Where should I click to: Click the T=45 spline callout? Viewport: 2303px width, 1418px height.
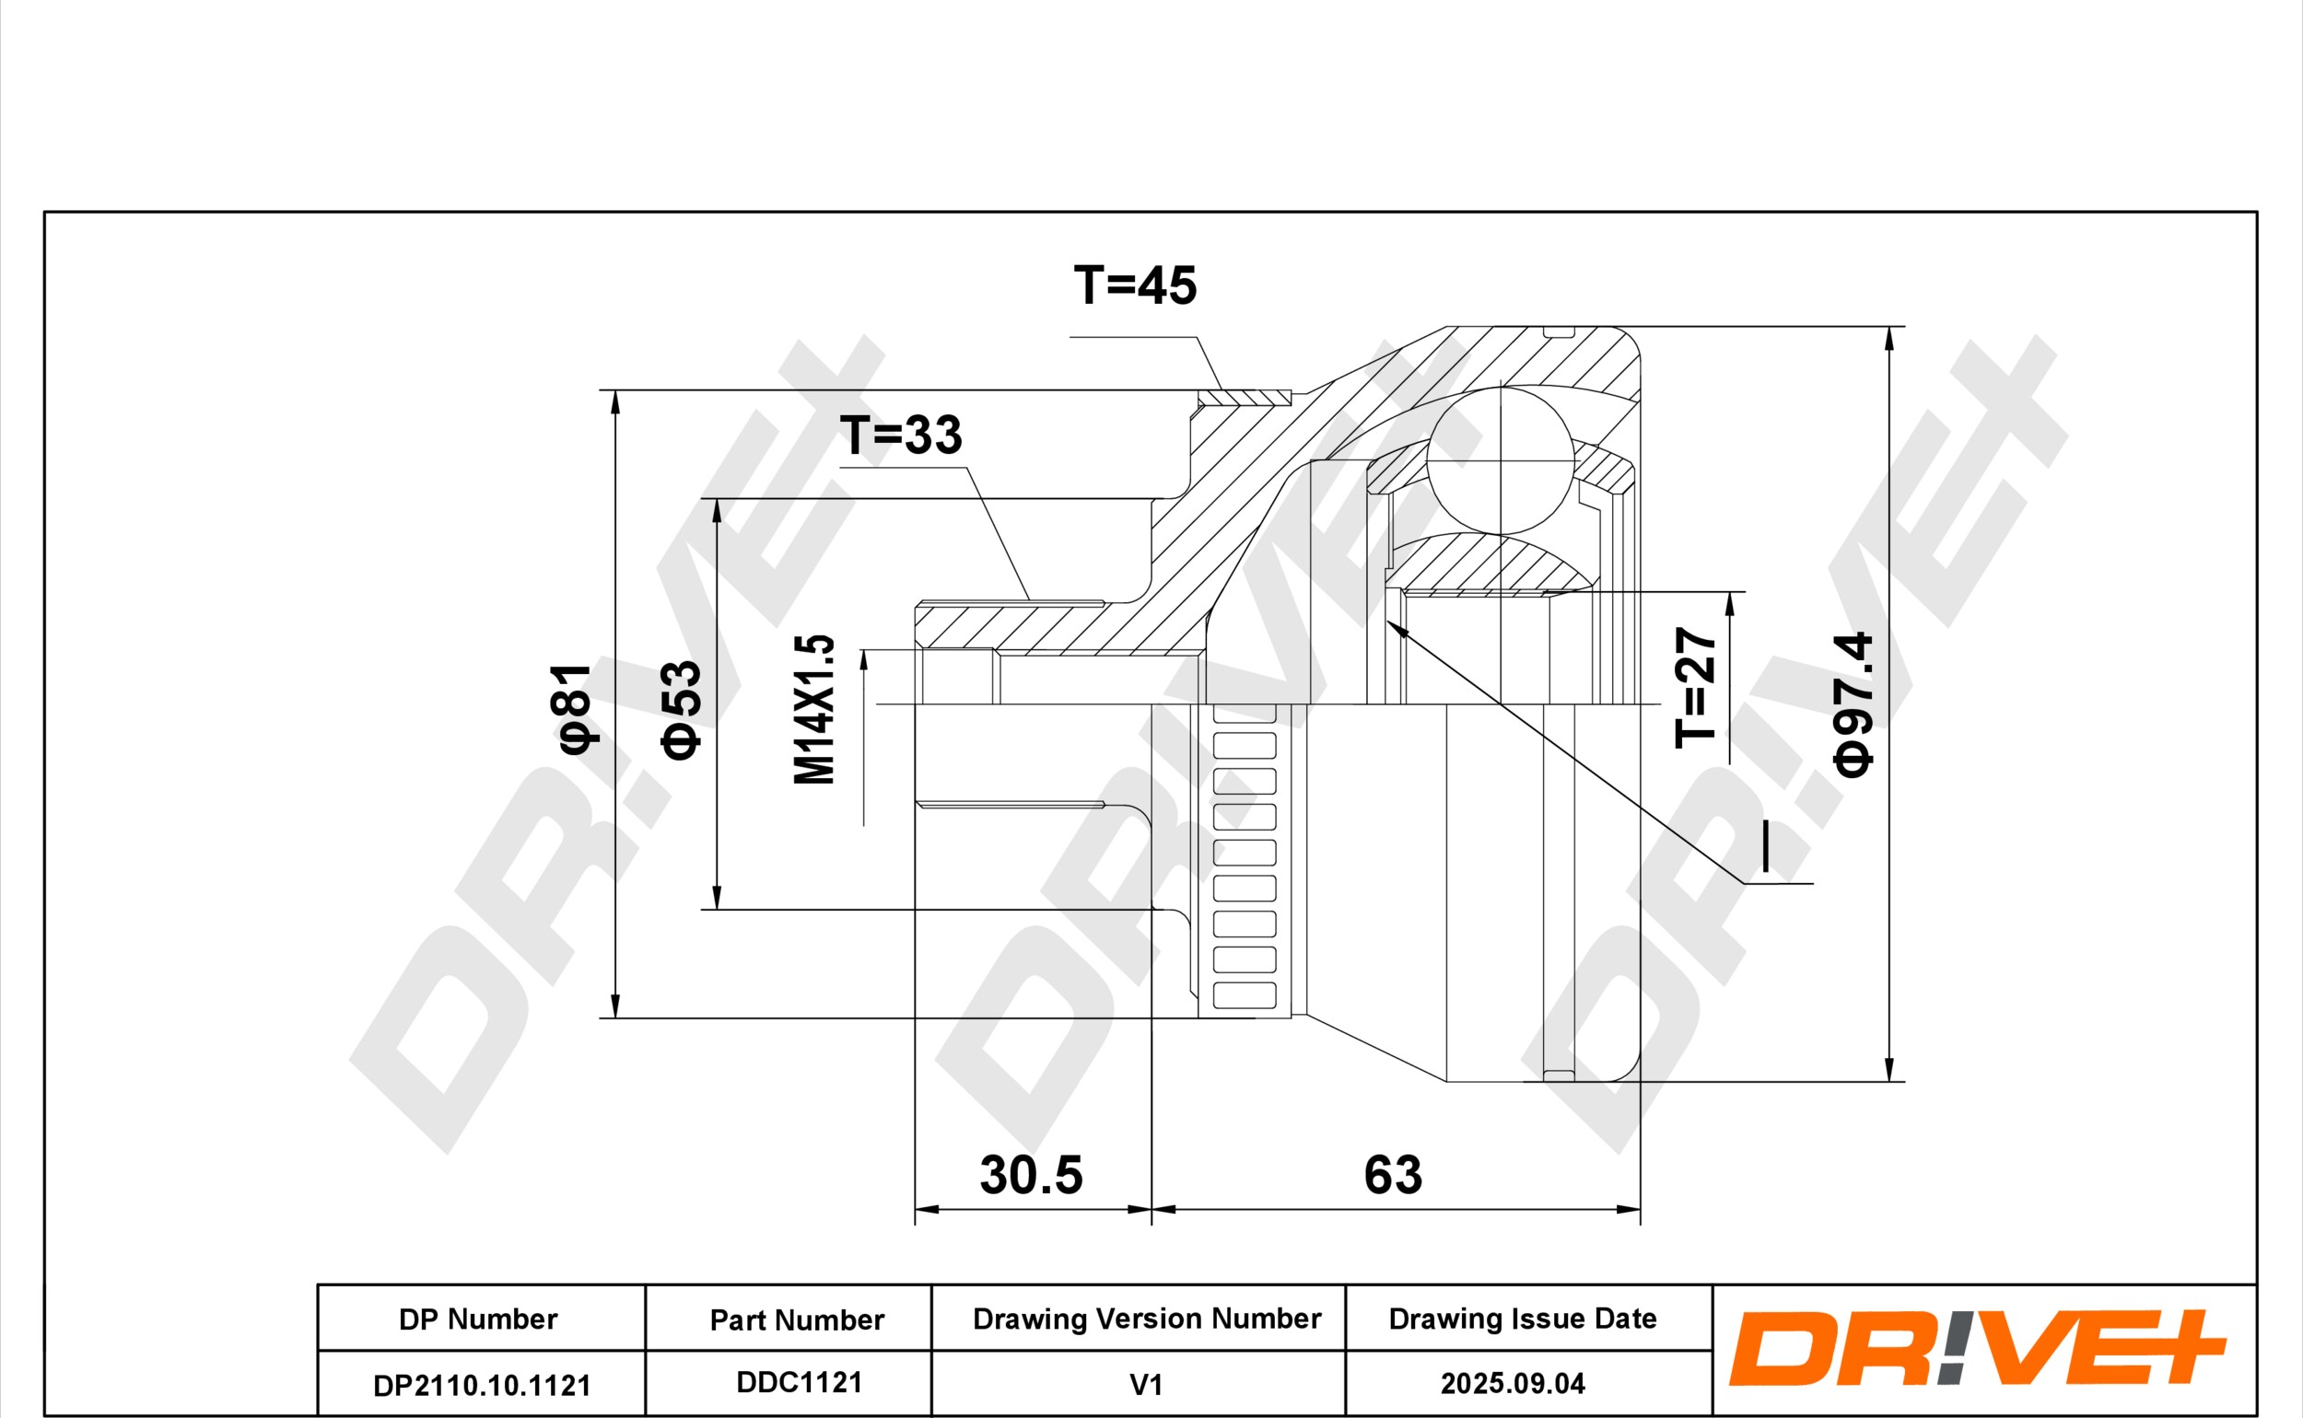pyautogui.click(x=1135, y=285)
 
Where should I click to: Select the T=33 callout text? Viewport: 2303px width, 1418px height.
pyautogui.click(x=901, y=436)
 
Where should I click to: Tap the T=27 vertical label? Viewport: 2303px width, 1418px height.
pyautogui.click(x=1695, y=687)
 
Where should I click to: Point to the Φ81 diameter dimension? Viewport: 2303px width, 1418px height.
pyautogui.click(x=571, y=708)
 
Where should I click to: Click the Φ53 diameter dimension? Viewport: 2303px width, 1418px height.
pyautogui.click(x=680, y=709)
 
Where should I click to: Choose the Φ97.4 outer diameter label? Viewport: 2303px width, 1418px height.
pyautogui.click(x=1853, y=704)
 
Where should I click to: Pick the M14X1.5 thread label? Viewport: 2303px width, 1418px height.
pyautogui.click(x=813, y=709)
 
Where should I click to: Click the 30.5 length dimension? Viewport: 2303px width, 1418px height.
pyautogui.click(x=1031, y=1174)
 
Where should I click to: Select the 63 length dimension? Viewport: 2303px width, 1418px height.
pyautogui.click(x=1393, y=1174)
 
